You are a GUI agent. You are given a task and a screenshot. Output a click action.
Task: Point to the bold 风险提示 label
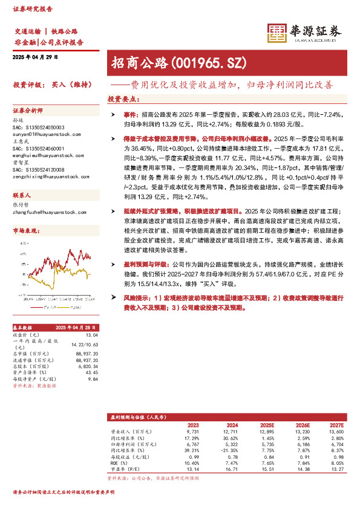tap(135, 297)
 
